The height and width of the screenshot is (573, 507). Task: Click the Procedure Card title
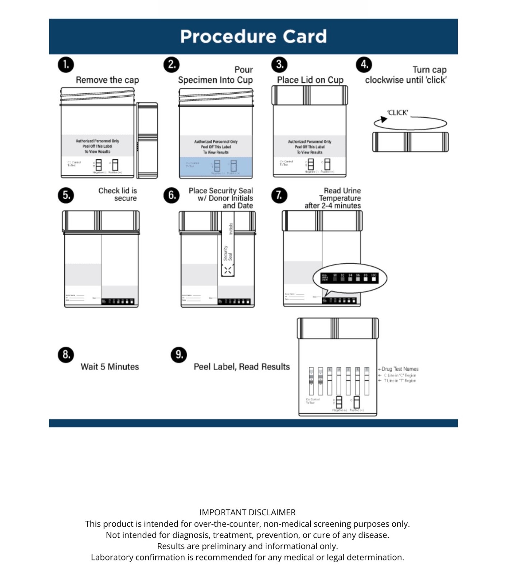(253, 36)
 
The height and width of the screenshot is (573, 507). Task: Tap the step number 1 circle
(66, 65)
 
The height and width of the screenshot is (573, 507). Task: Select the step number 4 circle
(364, 65)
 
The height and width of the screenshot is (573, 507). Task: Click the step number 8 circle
(66, 355)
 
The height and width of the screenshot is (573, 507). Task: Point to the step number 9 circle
(179, 355)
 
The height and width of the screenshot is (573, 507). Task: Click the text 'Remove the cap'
(107, 80)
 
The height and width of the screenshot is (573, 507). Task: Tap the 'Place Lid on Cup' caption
(310, 80)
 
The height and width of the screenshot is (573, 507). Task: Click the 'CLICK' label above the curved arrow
(397, 112)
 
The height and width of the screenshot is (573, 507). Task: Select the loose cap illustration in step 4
(410, 142)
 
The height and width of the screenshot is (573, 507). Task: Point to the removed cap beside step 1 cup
(147, 140)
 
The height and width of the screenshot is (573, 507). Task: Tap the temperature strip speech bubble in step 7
(350, 278)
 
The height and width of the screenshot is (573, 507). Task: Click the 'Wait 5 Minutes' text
(110, 367)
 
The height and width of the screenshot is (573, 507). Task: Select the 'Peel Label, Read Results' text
(242, 367)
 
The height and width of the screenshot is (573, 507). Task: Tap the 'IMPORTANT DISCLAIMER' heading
(247, 512)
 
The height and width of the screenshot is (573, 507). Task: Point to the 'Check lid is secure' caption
(118, 194)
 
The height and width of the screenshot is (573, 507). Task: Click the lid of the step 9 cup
(337, 328)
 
